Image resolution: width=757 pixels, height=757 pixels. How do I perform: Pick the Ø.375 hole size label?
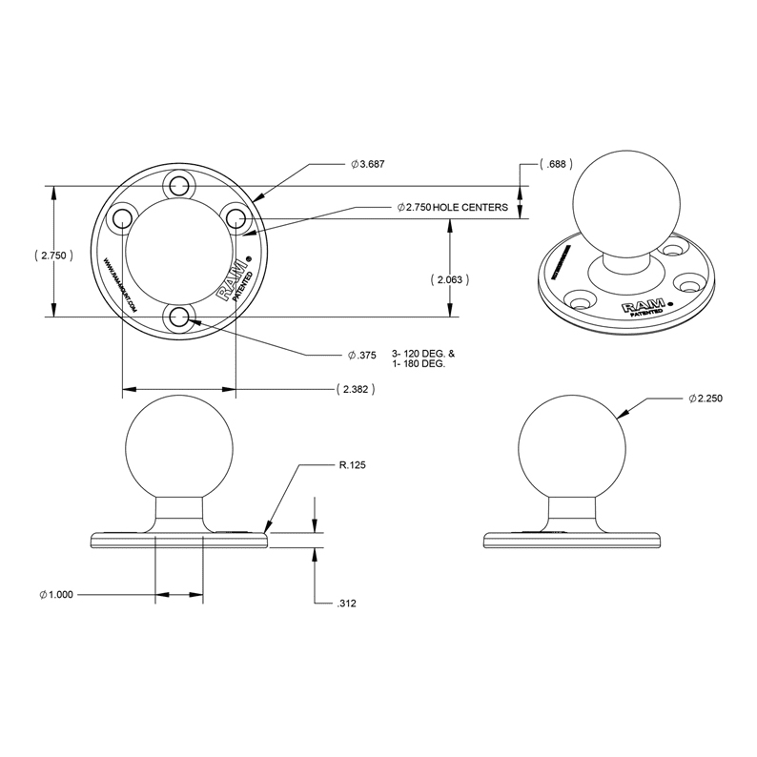click(361, 355)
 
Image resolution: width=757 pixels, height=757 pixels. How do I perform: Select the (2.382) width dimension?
click(354, 389)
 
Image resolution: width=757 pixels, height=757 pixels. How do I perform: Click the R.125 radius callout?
click(352, 465)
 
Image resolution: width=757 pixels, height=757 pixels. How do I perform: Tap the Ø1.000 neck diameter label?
click(56, 595)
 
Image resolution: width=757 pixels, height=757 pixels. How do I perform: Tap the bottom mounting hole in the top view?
click(178, 317)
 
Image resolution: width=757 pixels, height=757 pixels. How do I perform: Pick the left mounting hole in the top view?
click(121, 218)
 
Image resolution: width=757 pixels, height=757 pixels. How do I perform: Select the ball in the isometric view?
click(626, 201)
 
